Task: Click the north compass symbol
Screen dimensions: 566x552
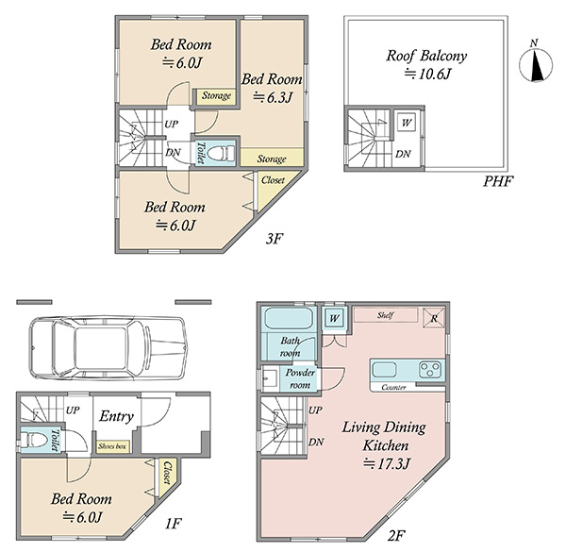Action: [536, 63]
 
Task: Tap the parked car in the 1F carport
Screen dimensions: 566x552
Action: [108, 347]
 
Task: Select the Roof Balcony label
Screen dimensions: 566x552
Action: [426, 56]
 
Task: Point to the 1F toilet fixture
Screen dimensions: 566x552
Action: [34, 441]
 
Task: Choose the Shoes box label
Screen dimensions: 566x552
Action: [112, 446]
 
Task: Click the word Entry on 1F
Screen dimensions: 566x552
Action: [116, 416]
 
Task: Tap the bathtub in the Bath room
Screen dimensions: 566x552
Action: [289, 319]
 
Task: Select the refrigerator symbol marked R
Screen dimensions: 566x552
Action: [434, 318]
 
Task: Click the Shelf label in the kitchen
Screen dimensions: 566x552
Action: [385, 315]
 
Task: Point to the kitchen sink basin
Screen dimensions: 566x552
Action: [385, 370]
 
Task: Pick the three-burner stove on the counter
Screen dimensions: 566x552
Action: [430, 369]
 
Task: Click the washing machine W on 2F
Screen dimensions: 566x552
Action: [334, 318]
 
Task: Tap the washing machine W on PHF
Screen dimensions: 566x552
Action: [407, 123]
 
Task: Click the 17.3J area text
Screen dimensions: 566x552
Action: [386, 463]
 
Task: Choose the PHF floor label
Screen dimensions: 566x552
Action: [498, 181]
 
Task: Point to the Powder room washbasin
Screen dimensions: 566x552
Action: [270, 378]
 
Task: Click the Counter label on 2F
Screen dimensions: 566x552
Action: [393, 388]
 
